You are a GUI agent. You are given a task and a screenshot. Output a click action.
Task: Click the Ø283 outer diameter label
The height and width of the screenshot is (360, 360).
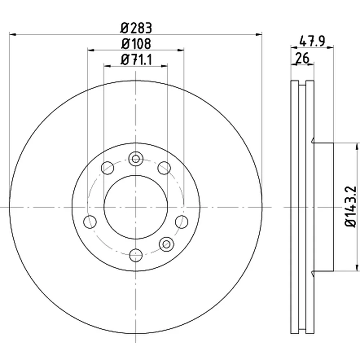[136, 28]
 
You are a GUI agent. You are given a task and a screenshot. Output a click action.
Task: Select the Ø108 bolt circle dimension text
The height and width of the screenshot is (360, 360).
[136, 44]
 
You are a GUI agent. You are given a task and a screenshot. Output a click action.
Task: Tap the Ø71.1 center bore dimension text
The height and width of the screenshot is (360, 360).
[136, 60]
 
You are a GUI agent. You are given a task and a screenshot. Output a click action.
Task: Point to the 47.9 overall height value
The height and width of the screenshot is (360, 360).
[312, 41]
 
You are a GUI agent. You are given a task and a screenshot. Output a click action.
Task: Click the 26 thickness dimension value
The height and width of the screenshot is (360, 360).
[302, 58]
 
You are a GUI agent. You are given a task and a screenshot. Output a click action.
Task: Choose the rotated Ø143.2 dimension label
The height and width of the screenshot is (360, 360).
[351, 207]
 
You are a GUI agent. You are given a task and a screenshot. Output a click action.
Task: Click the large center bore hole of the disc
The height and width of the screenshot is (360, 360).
[136, 207]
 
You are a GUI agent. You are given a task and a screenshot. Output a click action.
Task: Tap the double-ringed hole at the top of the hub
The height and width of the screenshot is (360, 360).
[136, 159]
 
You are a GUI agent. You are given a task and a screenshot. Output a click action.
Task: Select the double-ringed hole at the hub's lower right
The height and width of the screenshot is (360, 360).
[166, 244]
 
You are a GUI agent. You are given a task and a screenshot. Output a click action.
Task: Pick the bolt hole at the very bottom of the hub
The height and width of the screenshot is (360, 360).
[136, 255]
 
